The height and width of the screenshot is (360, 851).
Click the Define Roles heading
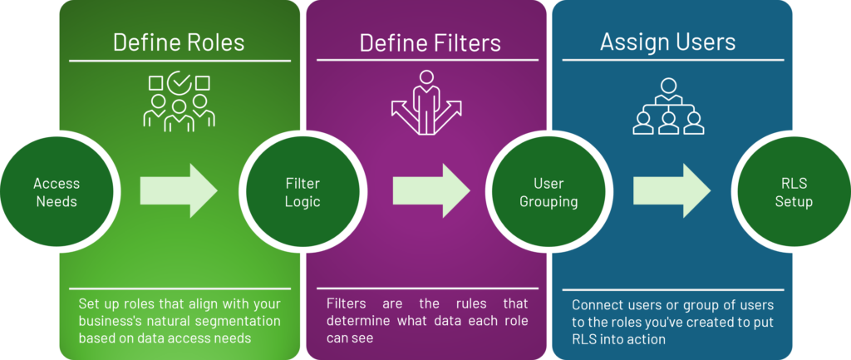[x=179, y=42]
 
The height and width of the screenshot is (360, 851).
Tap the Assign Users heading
[x=667, y=41]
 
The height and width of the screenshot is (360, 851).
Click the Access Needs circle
[x=57, y=191]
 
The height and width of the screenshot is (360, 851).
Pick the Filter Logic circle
[x=303, y=192]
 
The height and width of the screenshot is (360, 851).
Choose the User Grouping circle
[x=548, y=192]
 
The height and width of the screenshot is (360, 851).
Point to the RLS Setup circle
[x=794, y=192]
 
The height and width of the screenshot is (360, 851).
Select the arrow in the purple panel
[x=430, y=190]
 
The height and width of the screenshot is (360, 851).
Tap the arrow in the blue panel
[x=671, y=190]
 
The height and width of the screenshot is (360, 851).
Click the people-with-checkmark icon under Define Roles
[x=179, y=102]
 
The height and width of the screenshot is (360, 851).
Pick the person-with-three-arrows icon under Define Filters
[x=426, y=102]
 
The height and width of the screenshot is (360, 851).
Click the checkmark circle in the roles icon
[x=179, y=83]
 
